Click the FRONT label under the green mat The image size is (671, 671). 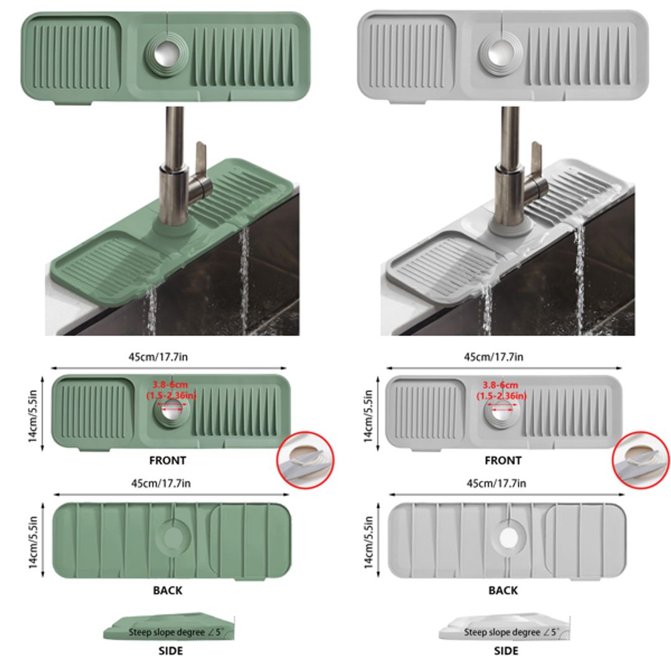point(167,460)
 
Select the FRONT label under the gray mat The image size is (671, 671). point(503,460)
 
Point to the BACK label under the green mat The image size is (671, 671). point(167,590)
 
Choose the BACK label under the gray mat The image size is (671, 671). point(503,590)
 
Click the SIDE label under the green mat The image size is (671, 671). point(170,650)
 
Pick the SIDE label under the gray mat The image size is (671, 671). point(506,650)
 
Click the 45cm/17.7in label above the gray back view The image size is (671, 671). point(496,483)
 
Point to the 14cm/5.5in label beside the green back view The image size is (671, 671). point(35,541)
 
